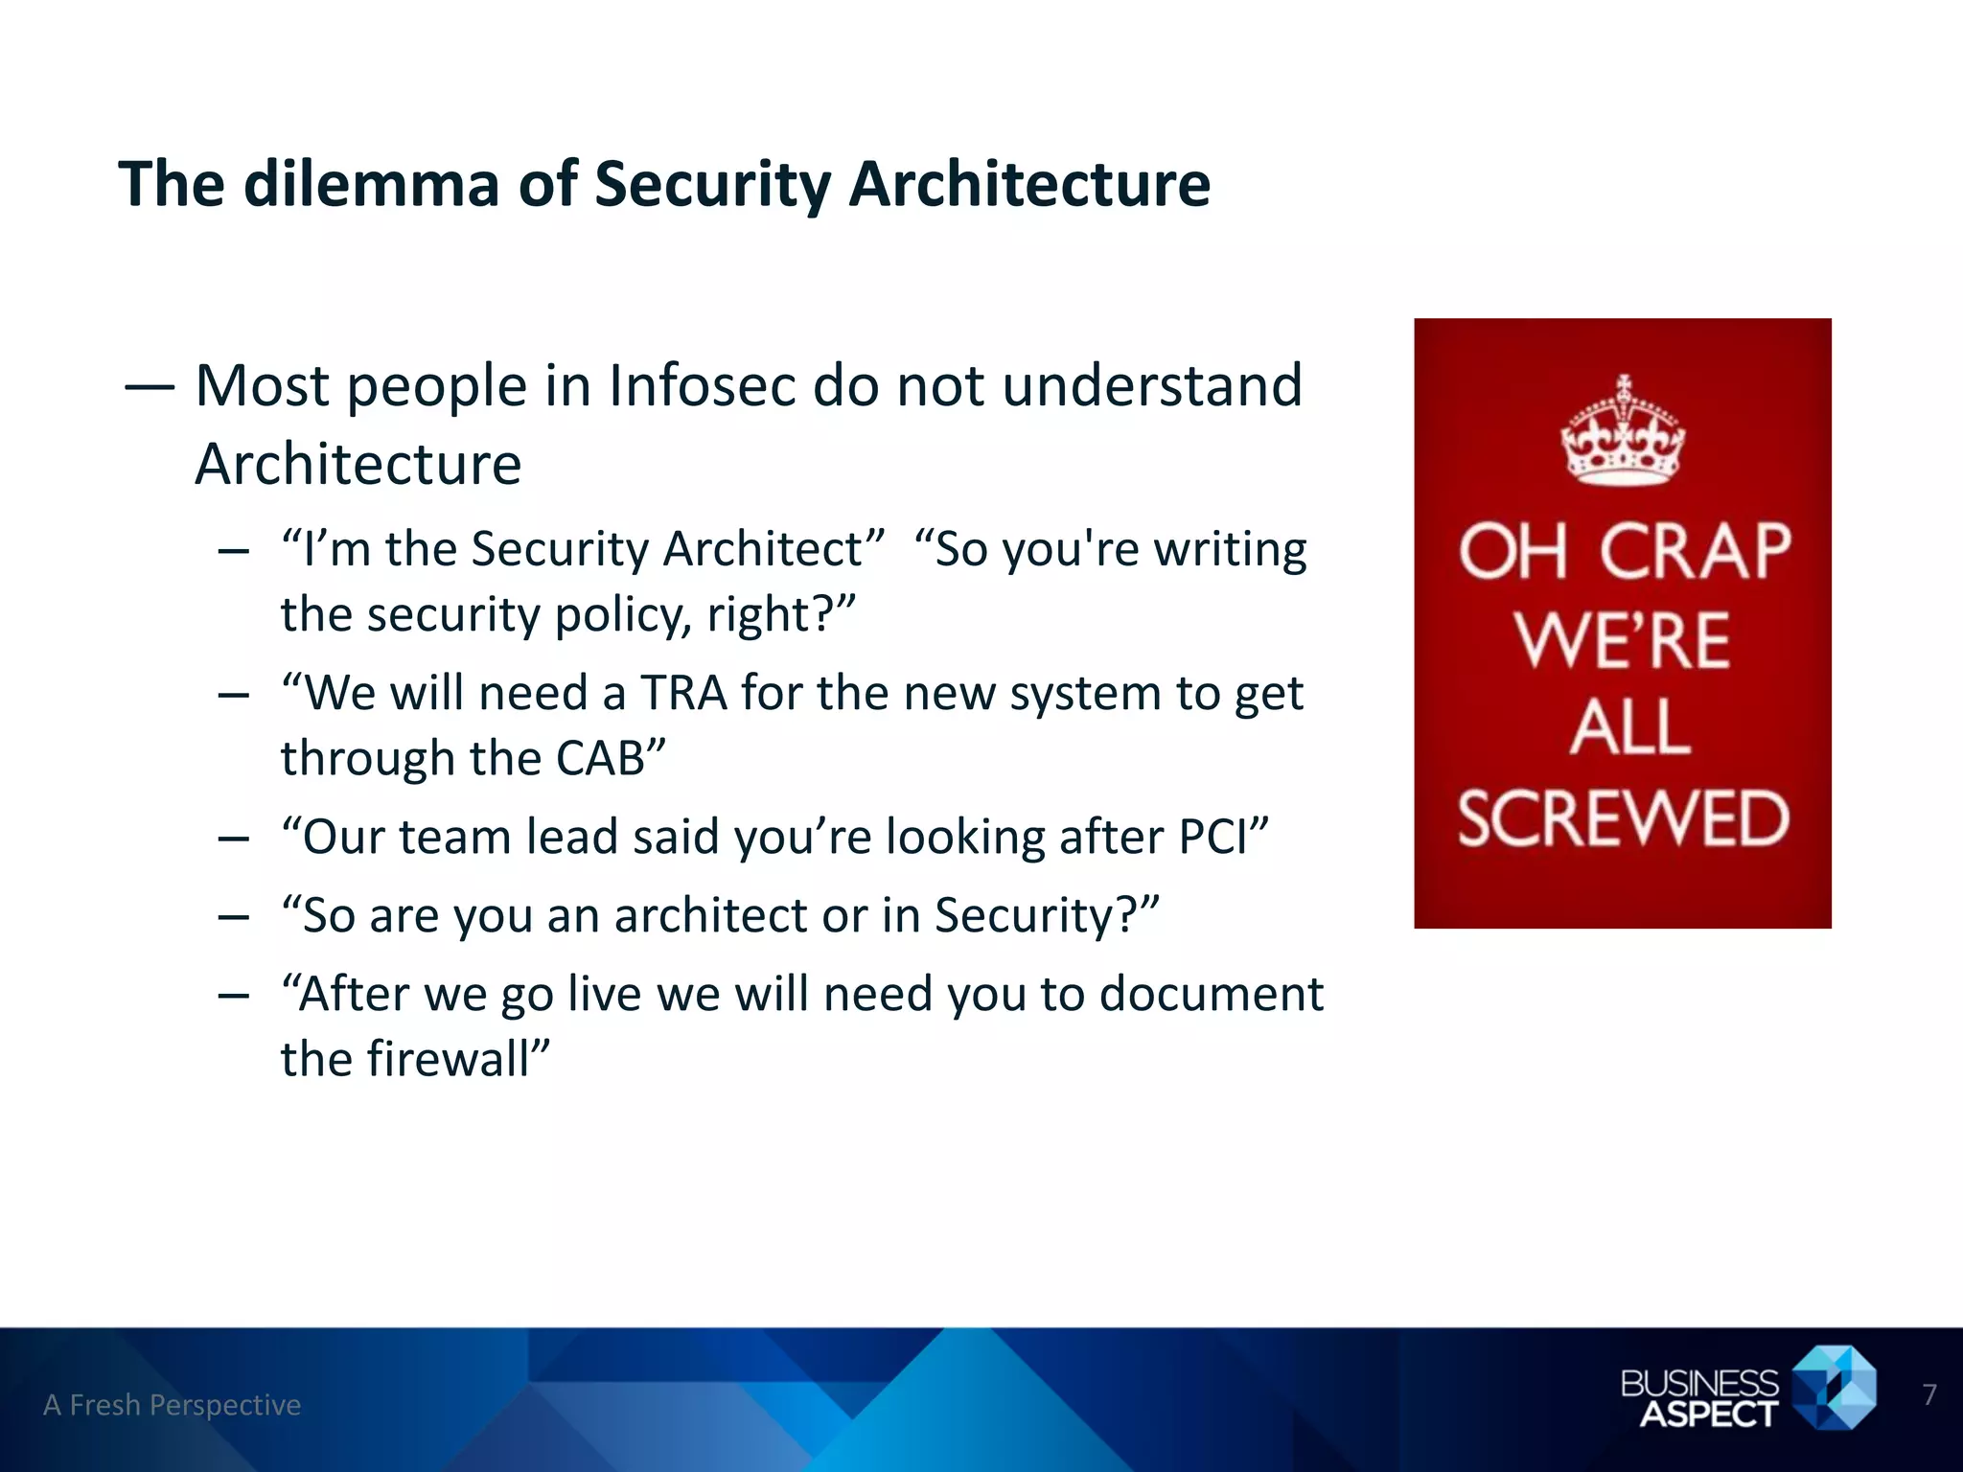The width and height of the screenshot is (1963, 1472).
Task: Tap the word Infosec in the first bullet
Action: (703, 386)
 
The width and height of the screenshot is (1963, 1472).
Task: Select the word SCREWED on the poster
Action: (1623, 818)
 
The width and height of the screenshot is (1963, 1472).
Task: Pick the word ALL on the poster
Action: (1629, 728)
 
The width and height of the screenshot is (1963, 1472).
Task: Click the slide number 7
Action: (1929, 1394)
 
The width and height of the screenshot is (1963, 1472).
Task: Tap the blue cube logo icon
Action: (1834, 1388)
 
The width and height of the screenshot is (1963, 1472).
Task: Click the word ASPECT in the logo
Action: (1708, 1414)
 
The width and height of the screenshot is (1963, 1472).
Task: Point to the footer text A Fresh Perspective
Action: (173, 1405)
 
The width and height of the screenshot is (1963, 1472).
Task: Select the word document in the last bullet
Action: (1211, 995)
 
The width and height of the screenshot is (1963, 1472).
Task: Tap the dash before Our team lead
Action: (233, 839)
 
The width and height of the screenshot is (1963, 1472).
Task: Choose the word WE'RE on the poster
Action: (1623, 640)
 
